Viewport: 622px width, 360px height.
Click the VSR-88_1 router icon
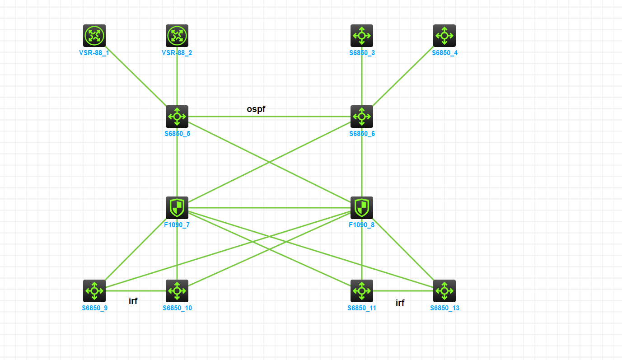(94, 36)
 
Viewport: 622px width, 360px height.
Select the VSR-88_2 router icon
(177, 36)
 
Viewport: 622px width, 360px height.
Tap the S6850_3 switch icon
(362, 36)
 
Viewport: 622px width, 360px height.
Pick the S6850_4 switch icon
(444, 36)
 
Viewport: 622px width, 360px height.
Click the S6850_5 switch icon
(177, 117)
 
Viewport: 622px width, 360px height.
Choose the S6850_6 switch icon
(362, 117)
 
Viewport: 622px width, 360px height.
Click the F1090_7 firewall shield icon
(177, 208)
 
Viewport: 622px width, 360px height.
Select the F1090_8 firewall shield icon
(362, 208)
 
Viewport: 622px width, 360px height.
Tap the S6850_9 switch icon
(94, 291)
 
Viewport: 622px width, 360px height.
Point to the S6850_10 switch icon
(177, 291)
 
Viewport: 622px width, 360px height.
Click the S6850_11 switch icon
(362, 291)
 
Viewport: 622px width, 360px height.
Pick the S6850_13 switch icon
(444, 291)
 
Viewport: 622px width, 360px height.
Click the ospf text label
(256, 109)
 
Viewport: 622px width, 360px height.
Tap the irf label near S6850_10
(133, 301)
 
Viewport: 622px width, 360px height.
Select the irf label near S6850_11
(400, 303)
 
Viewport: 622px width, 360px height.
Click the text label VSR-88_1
(94, 53)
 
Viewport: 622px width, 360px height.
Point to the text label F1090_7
(177, 224)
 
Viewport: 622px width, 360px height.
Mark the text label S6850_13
(444, 308)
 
